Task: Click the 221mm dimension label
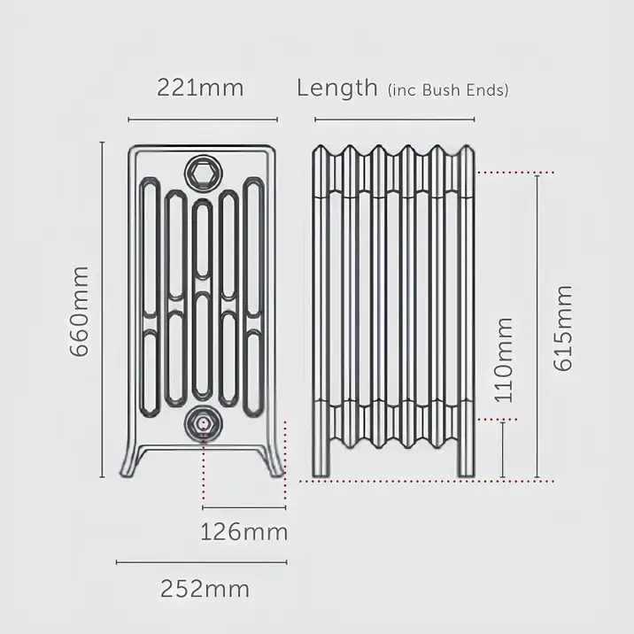[199, 88]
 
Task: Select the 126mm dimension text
[244, 532]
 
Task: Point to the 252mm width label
[205, 588]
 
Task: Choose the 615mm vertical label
[563, 328]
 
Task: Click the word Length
[336, 88]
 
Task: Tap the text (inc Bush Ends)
[448, 89]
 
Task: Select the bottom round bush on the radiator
[203, 423]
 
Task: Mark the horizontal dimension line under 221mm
[203, 120]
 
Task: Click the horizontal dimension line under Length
[394, 120]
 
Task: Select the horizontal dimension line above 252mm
[202, 561]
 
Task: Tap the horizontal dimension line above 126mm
[244, 507]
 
